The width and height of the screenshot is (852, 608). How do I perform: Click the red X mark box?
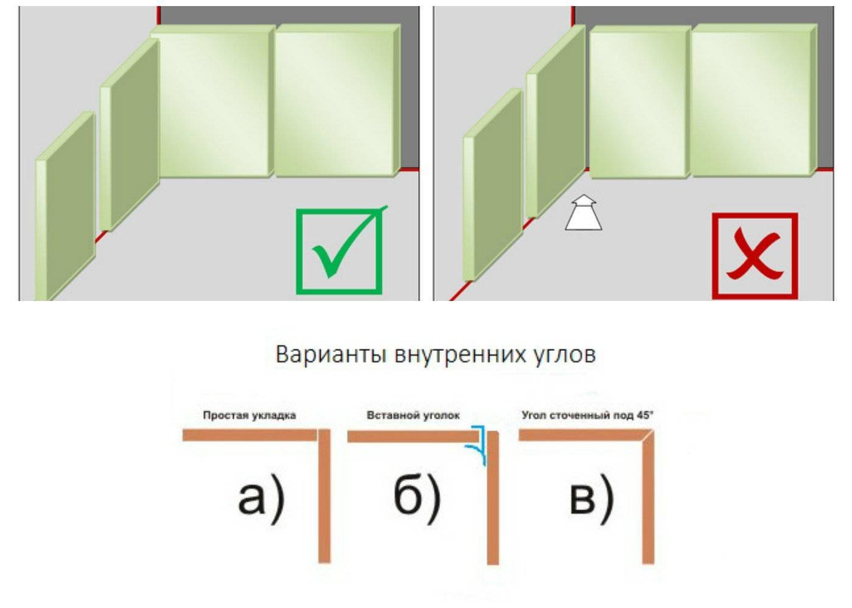[755, 256]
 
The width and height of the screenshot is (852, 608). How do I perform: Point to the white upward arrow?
[583, 212]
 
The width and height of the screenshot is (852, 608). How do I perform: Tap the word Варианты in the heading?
[330, 355]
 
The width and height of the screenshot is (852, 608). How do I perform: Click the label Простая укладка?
[250, 415]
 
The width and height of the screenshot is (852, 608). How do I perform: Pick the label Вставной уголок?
[413, 415]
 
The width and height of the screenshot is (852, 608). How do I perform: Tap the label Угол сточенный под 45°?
[587, 415]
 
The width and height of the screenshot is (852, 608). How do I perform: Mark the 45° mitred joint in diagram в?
[649, 435]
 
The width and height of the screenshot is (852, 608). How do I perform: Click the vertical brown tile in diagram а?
[324, 496]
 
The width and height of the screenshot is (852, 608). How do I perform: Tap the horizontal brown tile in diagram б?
[413, 437]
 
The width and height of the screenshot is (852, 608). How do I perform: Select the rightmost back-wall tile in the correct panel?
[337, 101]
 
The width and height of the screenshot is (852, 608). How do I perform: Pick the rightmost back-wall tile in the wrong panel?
[754, 101]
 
